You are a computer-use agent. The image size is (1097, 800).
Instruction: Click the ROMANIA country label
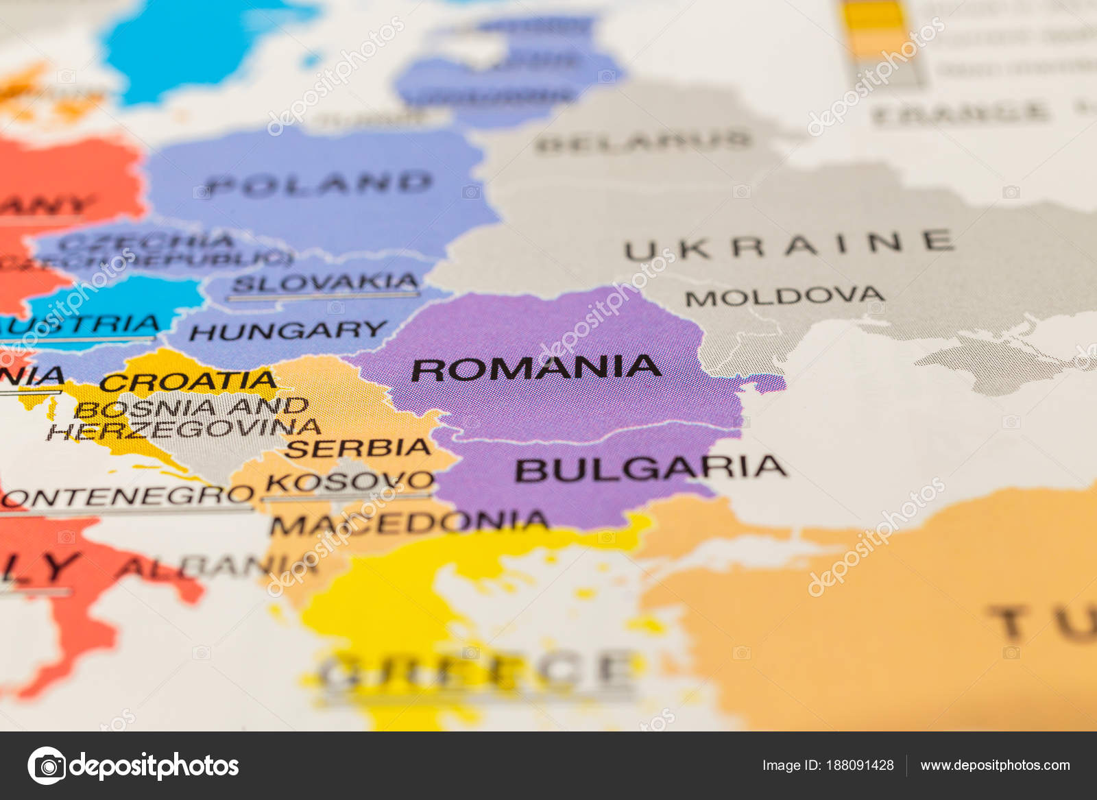[x=536, y=368]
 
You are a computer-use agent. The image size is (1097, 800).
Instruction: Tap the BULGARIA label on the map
[x=650, y=469]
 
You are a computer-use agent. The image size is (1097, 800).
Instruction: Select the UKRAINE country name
[x=788, y=245]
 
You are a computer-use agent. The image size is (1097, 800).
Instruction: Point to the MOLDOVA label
[x=784, y=297]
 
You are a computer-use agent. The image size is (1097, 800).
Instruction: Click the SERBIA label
[x=358, y=448]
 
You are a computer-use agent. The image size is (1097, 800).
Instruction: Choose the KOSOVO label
[x=350, y=481]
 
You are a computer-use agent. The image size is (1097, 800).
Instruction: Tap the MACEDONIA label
[x=409, y=524]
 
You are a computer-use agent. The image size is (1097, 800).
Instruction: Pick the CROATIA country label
[x=188, y=381]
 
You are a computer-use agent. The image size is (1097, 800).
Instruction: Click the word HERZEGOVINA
[x=184, y=430]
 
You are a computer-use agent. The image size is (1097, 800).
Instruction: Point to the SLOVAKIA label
[x=325, y=282]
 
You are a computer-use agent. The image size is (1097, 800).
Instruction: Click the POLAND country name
[x=320, y=184]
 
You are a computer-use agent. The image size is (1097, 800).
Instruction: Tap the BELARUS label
[x=643, y=142]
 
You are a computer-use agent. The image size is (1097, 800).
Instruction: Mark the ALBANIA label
[x=216, y=568]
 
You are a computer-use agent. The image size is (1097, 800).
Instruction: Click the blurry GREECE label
[x=477, y=670]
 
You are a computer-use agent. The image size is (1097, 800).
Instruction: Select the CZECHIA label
[x=147, y=241]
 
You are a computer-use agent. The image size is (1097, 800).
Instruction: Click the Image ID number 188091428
[x=860, y=765]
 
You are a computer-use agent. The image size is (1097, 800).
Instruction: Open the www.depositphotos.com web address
[x=995, y=765]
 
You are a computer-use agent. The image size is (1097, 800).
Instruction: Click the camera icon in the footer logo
[x=47, y=766]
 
